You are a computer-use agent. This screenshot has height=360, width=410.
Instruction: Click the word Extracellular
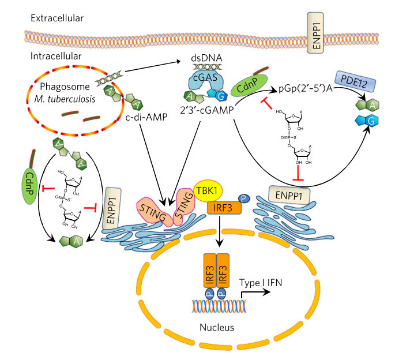coord(58,18)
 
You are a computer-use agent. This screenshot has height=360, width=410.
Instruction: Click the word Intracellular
coord(57,56)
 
